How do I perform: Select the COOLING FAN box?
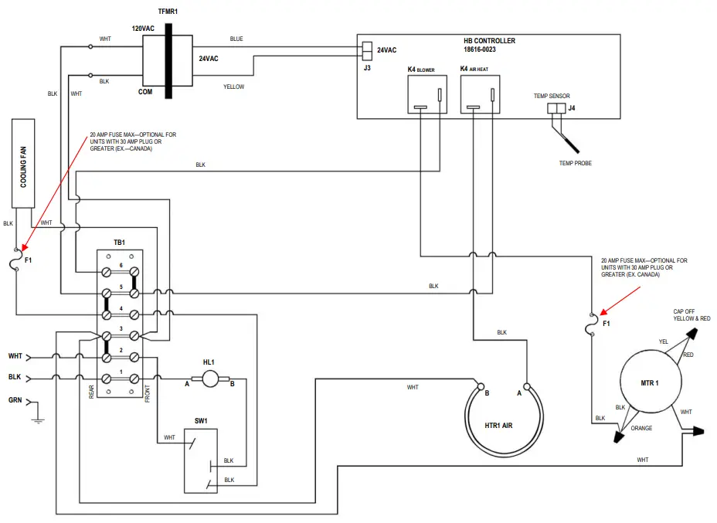click(x=23, y=163)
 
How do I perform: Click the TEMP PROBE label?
click(x=575, y=163)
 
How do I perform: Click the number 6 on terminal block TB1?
click(x=120, y=266)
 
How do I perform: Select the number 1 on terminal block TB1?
click(x=120, y=372)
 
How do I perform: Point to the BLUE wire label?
click(x=236, y=39)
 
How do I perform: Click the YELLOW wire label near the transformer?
click(x=233, y=87)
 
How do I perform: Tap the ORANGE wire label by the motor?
click(x=641, y=428)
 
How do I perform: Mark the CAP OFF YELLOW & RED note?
click(x=692, y=314)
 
